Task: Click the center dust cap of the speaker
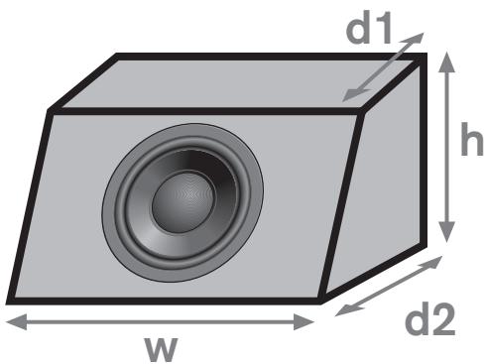tap(182, 196)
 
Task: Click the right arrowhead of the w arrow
tap(308, 320)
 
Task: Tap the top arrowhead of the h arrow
tap(448, 61)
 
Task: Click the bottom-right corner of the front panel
tap(319, 299)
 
